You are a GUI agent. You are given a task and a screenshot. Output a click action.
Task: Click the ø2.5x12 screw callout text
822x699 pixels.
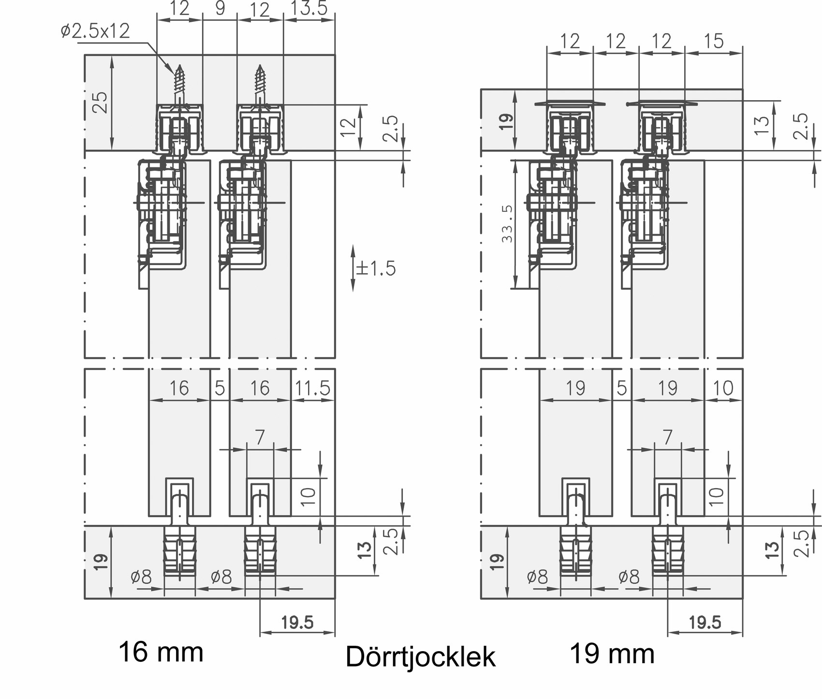pos(95,31)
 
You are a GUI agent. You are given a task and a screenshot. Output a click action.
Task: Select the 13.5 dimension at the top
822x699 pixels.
pos(308,9)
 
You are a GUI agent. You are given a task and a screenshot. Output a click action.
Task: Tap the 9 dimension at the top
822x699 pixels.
pos(220,9)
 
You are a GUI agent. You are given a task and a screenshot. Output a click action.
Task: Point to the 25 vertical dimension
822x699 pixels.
pos(100,102)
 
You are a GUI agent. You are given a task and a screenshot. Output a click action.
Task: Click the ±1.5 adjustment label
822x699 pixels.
pos(376,268)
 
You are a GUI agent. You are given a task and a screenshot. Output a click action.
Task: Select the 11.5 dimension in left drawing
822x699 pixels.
pos(312,388)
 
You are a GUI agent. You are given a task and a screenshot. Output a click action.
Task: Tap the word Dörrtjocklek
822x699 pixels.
pos(421,657)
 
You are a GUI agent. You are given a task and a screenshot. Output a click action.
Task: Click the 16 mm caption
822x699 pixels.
pos(161,652)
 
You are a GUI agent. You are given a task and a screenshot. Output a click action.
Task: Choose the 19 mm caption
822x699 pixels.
pos(613,654)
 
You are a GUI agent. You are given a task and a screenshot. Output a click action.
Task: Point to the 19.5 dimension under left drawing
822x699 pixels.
pos(297,622)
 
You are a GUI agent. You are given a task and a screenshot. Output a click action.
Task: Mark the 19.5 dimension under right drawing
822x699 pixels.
pos(705,622)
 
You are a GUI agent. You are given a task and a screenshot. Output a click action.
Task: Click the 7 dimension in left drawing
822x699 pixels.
pos(260,437)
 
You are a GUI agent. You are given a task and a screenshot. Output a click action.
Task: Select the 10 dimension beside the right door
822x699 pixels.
pos(716,496)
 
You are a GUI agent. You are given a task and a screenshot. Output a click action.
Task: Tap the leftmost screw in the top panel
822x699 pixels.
pos(179,85)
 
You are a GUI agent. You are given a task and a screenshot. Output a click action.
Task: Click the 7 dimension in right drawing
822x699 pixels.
pos(668,437)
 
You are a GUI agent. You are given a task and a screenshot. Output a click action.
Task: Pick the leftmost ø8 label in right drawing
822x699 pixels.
pos(537,577)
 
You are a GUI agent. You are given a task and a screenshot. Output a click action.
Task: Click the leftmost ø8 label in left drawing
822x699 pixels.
pos(141,577)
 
